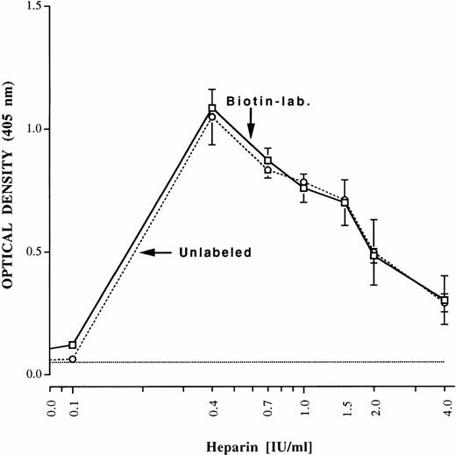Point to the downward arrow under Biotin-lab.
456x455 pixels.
pyautogui.click(x=250, y=124)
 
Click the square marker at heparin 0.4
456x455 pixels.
pyautogui.click(x=212, y=109)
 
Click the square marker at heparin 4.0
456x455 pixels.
pyautogui.click(x=445, y=301)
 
